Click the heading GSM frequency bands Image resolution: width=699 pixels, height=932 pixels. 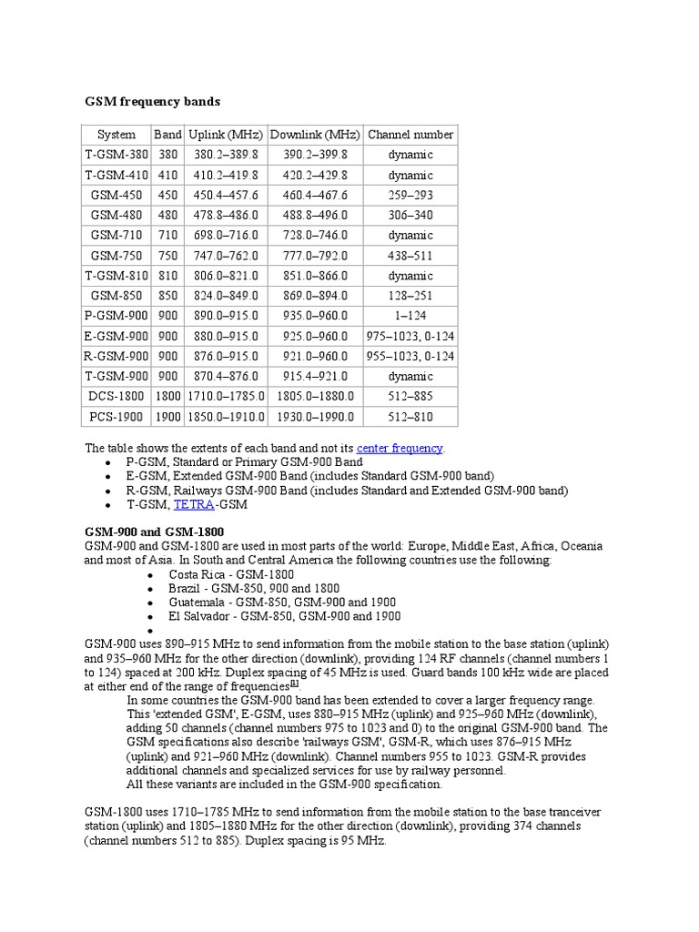pyautogui.click(x=153, y=101)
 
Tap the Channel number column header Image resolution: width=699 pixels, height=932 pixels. pyautogui.click(x=410, y=135)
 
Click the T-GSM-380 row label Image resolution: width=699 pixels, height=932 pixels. pyautogui.click(x=116, y=155)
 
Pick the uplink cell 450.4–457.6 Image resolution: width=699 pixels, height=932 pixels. pyautogui.click(x=226, y=195)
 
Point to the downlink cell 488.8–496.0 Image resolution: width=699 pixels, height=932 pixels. pyautogui.click(x=315, y=215)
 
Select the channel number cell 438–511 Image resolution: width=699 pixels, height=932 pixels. pyautogui.click(x=410, y=256)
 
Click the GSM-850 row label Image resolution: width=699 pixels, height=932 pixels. pyautogui.click(x=116, y=296)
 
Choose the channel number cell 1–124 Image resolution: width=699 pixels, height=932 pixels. pyautogui.click(x=410, y=316)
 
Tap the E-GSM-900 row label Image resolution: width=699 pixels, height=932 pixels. pyautogui.click(x=116, y=336)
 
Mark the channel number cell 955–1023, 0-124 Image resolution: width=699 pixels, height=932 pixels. pyautogui.click(x=410, y=356)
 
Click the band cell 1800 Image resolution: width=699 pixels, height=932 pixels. pyautogui.click(x=167, y=397)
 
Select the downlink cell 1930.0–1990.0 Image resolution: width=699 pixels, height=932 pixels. pyautogui.click(x=315, y=417)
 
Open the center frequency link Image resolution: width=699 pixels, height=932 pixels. pyautogui.click(x=400, y=448)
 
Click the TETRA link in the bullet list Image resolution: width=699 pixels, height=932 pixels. pyautogui.click(x=192, y=504)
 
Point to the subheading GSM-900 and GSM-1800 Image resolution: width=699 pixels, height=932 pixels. pyautogui.click(x=154, y=532)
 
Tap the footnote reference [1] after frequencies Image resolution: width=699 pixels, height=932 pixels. pyautogui.click(x=294, y=684)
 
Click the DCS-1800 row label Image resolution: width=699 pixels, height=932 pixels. pyautogui.click(x=116, y=397)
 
